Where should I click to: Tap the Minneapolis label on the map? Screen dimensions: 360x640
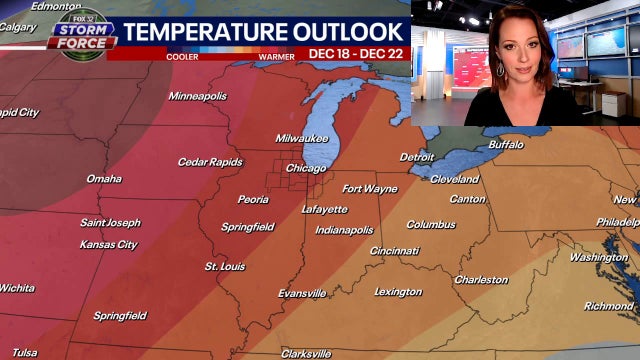click(198, 96)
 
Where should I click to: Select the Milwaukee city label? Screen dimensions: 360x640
click(304, 137)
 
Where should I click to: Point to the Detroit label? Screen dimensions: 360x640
click(417, 157)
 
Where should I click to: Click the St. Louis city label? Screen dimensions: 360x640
click(225, 267)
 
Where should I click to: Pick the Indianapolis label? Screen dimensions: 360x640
click(344, 230)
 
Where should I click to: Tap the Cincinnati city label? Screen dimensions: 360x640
click(395, 251)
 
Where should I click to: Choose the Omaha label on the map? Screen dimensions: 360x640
click(104, 179)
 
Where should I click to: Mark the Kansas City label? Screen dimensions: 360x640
click(109, 245)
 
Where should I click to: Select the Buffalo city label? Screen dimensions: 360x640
click(506, 145)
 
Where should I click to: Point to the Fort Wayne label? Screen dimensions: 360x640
click(369, 189)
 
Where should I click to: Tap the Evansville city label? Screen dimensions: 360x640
click(302, 293)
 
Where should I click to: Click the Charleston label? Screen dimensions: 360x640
click(481, 280)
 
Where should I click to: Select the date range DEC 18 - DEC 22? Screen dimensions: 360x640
click(355, 53)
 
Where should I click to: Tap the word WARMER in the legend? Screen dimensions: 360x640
click(276, 55)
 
